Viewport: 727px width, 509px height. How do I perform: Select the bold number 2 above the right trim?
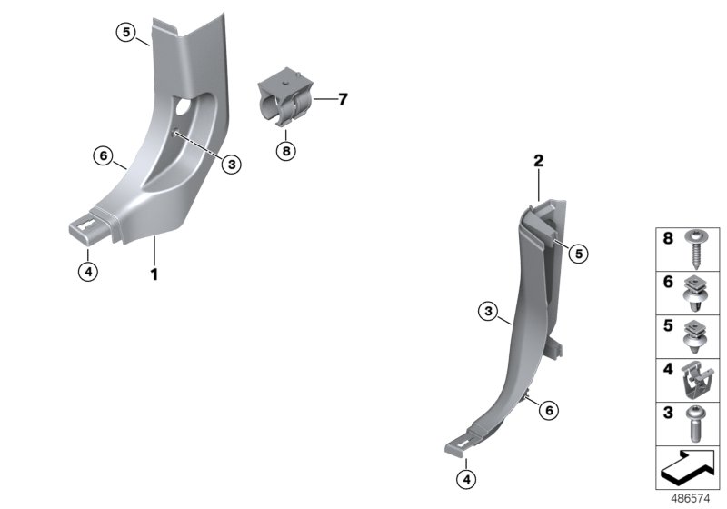click(538, 162)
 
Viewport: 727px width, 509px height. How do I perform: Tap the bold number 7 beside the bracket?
click(343, 99)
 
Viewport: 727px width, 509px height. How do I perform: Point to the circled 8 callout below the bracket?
click(286, 151)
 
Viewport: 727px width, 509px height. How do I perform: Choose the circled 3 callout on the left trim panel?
click(232, 164)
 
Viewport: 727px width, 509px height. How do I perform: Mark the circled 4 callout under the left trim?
click(87, 271)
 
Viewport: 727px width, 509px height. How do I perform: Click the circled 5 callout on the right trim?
click(577, 254)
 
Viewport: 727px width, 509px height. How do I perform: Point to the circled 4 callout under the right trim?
click(464, 478)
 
